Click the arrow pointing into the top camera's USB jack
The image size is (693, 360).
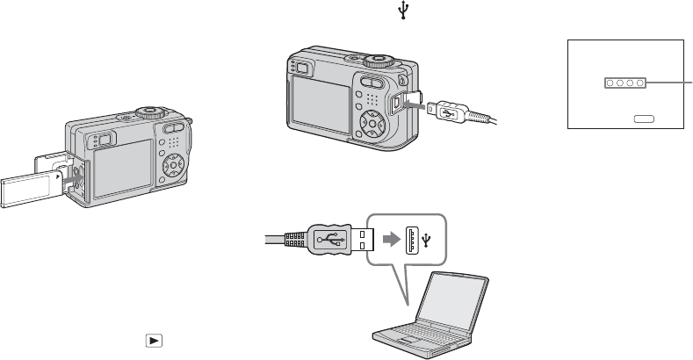coord(412,103)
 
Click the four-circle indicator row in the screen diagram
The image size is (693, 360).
coord(624,83)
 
